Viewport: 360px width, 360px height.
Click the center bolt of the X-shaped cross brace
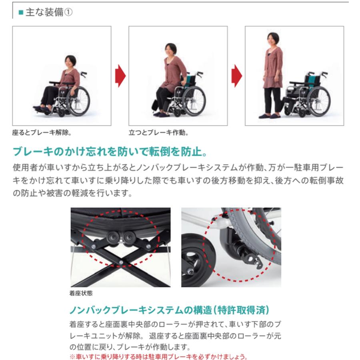121,262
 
